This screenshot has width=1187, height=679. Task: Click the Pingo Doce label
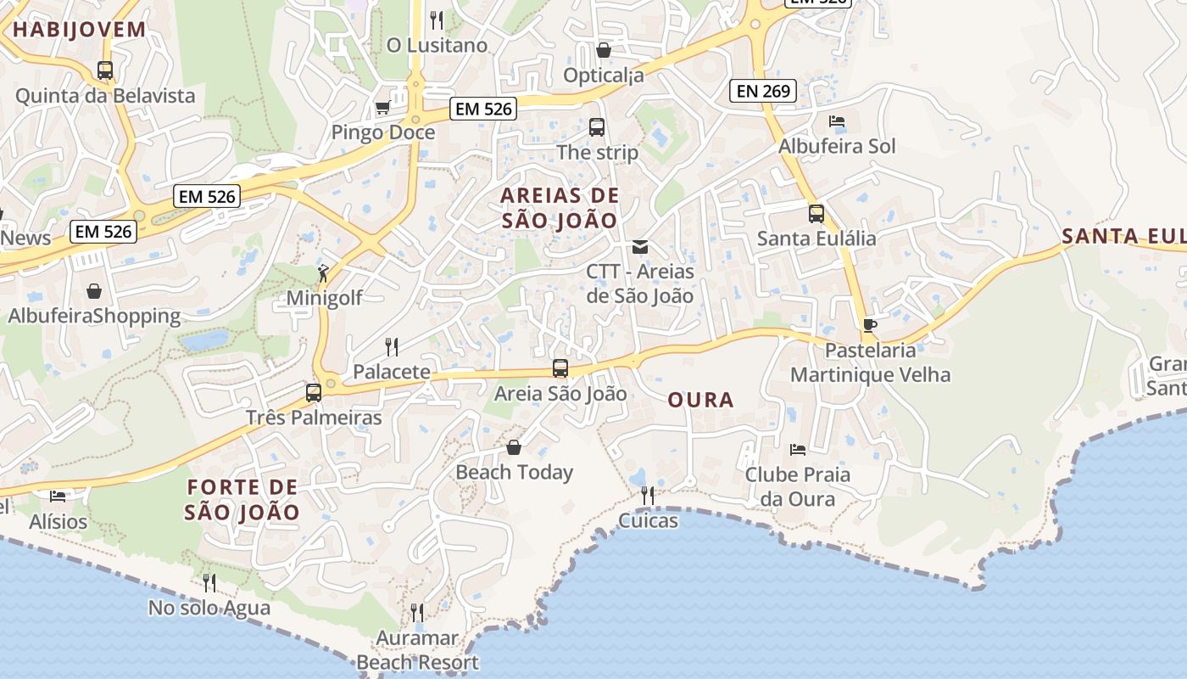tap(382, 132)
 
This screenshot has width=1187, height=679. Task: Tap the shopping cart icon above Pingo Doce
tap(382, 108)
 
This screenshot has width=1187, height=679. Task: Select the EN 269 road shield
tap(763, 91)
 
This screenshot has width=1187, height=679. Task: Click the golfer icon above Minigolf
tap(323, 272)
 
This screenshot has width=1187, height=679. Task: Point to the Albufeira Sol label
tap(837, 146)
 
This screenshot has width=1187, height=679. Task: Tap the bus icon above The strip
tap(597, 127)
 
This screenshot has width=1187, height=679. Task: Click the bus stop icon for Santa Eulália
tap(816, 213)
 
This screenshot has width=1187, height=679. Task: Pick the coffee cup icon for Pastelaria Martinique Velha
tap(869, 324)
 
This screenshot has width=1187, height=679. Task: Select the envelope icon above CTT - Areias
tap(640, 247)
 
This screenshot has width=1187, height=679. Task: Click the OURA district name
tap(700, 400)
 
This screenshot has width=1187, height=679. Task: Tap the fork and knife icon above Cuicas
tap(648, 495)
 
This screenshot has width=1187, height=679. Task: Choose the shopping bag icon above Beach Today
tap(514, 447)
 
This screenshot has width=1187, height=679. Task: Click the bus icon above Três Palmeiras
tap(314, 392)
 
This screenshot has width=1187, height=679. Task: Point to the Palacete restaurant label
tap(391, 372)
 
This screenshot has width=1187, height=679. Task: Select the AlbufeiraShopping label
tap(94, 317)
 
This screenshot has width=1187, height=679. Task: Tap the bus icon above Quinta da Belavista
tap(105, 70)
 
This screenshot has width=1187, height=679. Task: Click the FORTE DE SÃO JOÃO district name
tap(242, 500)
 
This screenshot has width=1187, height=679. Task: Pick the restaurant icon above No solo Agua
tap(209, 582)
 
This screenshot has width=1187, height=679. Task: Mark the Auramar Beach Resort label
tap(417, 650)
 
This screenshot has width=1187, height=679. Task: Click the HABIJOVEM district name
tap(79, 30)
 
